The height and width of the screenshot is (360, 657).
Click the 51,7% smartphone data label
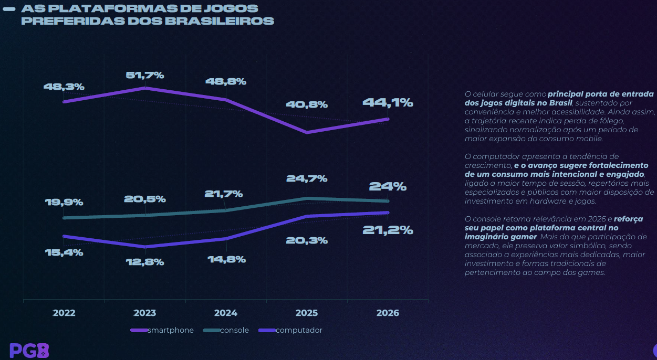pyautogui.click(x=144, y=76)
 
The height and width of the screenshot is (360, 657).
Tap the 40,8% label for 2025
pyautogui.click(x=307, y=105)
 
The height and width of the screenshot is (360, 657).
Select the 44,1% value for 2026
pyautogui.click(x=388, y=103)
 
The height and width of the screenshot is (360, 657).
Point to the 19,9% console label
pyautogui.click(x=64, y=203)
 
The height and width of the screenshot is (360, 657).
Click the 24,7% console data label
pyautogui.click(x=307, y=179)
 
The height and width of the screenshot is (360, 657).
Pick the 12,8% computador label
pyautogui.click(x=144, y=262)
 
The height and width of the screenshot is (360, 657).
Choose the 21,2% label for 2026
pyautogui.click(x=388, y=230)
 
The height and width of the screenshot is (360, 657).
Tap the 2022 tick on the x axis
pyautogui.click(x=64, y=313)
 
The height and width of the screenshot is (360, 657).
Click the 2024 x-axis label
pyautogui.click(x=226, y=313)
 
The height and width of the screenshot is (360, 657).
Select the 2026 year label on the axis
pyautogui.click(x=388, y=313)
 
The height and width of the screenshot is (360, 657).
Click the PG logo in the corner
pyautogui.click(x=29, y=350)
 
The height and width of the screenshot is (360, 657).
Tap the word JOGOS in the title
pyautogui.click(x=235, y=9)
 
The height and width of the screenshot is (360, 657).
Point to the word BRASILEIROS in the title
pyautogui.click(x=220, y=22)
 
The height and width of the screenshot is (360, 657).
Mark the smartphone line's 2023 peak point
pyautogui.click(x=145, y=88)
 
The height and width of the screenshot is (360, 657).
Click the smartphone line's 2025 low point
pyautogui.click(x=307, y=132)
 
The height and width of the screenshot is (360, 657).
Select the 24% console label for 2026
pyautogui.click(x=388, y=186)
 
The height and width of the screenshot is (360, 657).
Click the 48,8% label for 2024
pyautogui.click(x=226, y=82)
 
